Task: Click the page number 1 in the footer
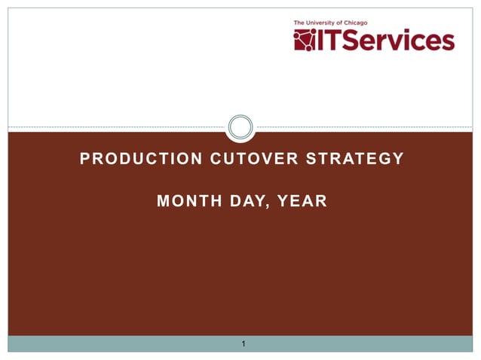(243, 345)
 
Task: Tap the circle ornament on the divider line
(240, 127)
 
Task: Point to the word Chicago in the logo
(364, 23)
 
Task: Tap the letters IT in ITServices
(332, 40)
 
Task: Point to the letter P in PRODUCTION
(84, 159)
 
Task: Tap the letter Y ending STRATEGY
(399, 159)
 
